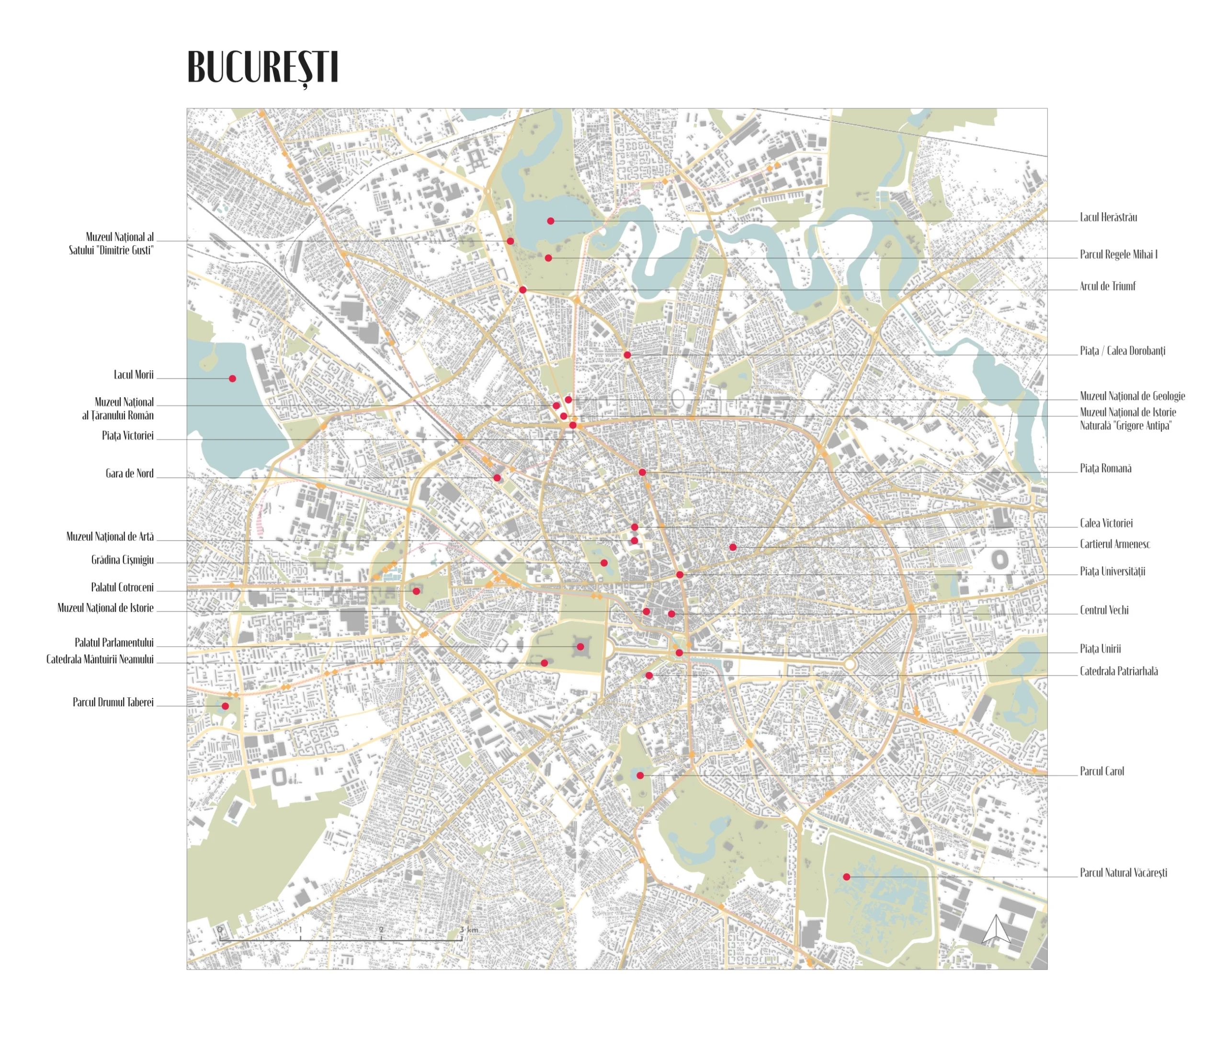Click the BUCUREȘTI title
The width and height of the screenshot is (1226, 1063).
pos(262,68)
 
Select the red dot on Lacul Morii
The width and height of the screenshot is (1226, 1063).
pos(232,379)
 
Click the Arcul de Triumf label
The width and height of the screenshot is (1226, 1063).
pos(1107,286)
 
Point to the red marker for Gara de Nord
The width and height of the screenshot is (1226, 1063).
pos(497,477)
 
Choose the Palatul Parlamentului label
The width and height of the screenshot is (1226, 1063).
pos(114,642)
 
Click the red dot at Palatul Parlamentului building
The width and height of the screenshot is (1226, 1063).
pos(580,647)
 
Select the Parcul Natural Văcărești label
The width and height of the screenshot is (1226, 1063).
pos(1123,873)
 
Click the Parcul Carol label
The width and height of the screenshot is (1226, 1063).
pos(1101,771)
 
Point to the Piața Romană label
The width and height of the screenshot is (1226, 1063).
pos(1105,468)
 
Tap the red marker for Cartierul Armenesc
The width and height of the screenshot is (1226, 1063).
pos(733,547)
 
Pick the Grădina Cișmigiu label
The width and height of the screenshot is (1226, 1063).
pos(122,560)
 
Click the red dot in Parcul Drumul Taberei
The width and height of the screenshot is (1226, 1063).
pos(225,706)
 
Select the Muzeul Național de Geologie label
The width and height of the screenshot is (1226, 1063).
pos(1132,396)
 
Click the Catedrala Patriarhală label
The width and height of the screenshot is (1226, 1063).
pos(1118,671)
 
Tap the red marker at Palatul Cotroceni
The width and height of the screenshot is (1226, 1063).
pos(416,591)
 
